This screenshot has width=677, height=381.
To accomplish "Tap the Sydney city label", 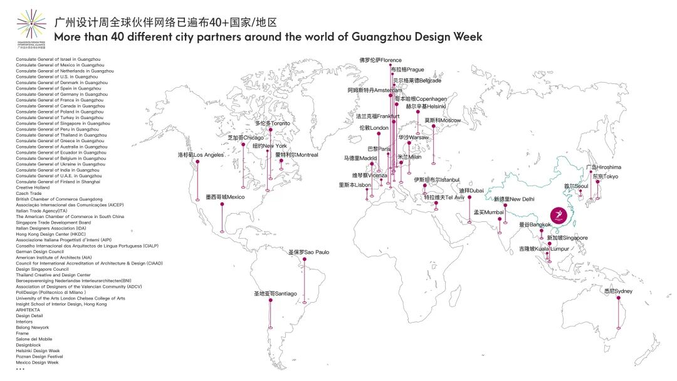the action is (618, 291).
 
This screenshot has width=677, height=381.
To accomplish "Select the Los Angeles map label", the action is (201, 155).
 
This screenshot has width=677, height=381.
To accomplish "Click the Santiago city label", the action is (275, 293).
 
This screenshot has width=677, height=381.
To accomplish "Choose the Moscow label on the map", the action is (442, 120).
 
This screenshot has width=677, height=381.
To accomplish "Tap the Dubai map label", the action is (471, 190).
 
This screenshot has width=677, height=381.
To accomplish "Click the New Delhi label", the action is (514, 199).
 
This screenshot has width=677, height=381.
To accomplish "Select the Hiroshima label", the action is (604, 167).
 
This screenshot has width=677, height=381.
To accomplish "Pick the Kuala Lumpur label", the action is (543, 249).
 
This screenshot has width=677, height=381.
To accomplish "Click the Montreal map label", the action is (297, 155).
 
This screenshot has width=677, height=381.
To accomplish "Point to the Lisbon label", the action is (355, 185).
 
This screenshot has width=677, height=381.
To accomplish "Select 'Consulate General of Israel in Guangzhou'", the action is (58, 59).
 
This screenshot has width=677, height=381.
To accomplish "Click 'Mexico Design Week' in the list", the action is (37, 362).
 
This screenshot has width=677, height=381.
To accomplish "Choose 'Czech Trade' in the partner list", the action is (29, 194).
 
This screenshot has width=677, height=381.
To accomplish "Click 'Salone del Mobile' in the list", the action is (34, 339).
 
